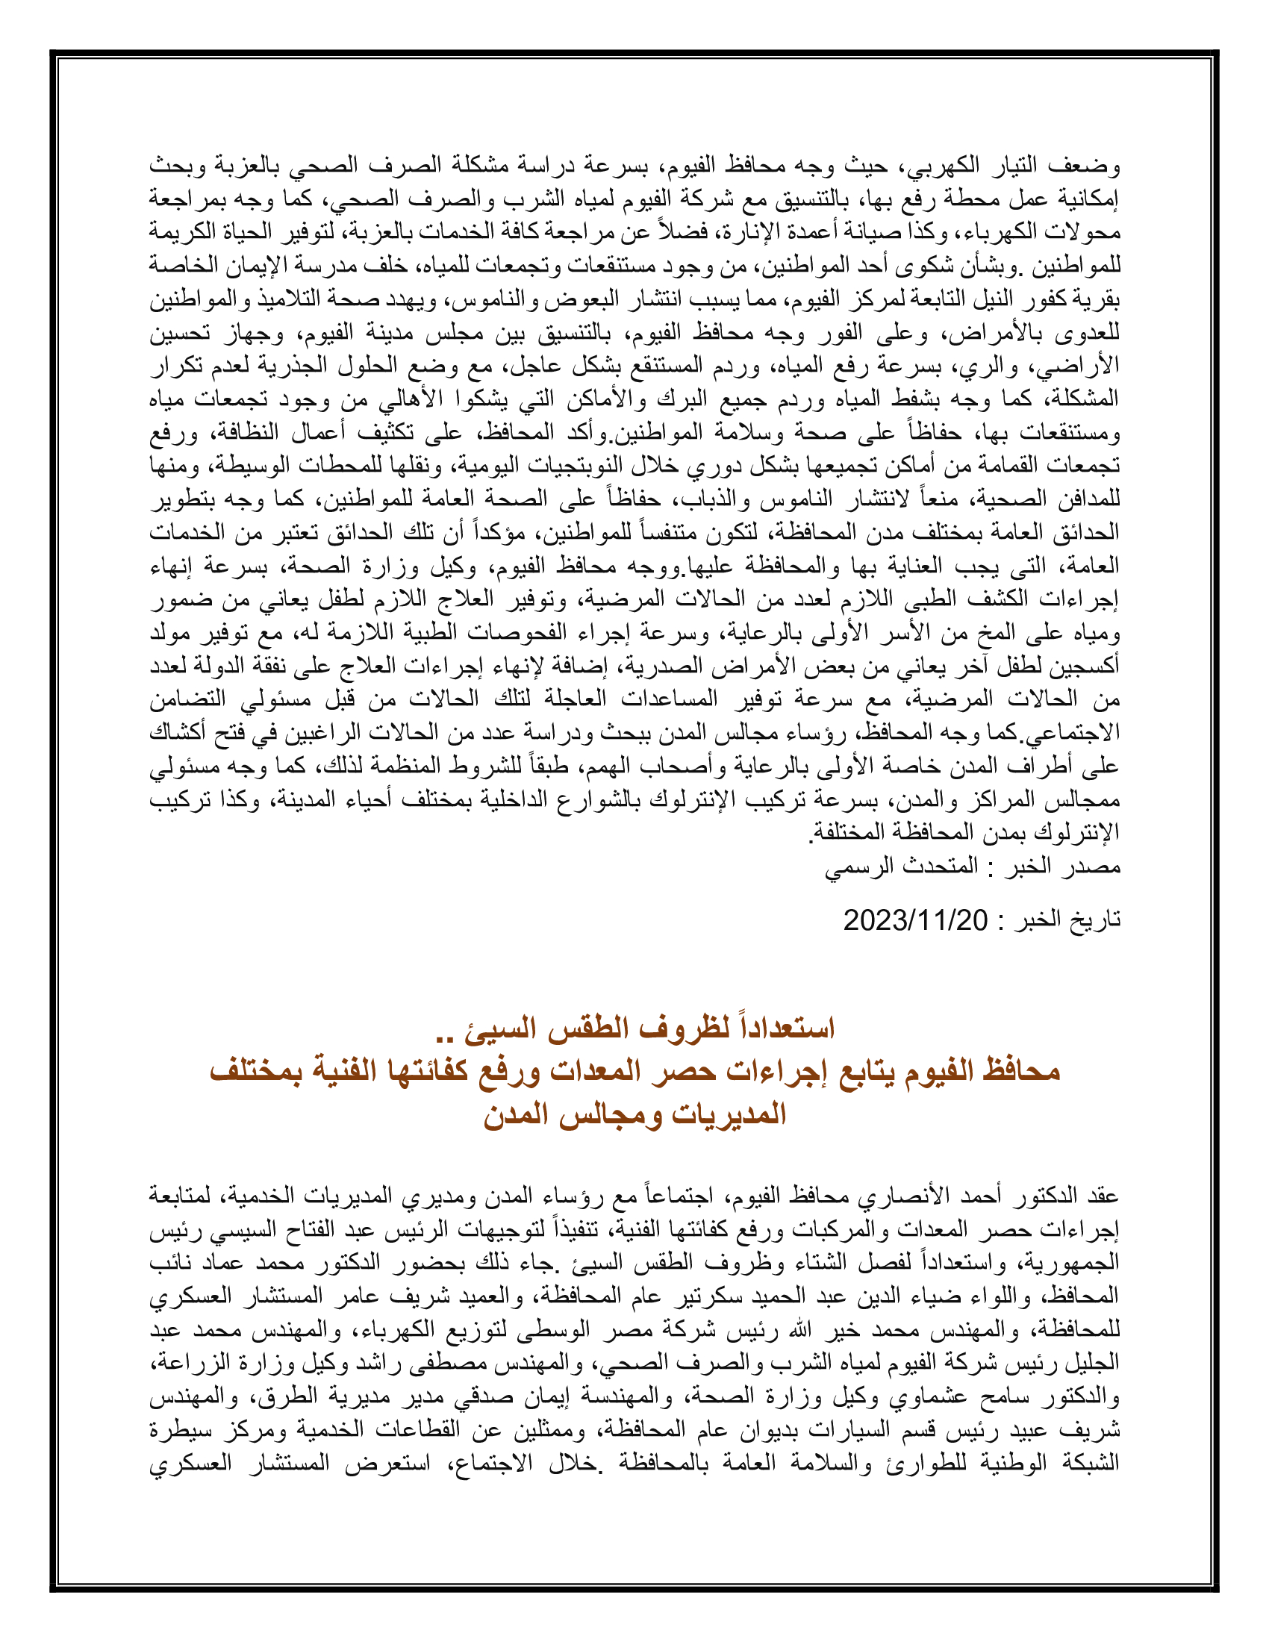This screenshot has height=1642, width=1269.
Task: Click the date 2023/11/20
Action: [x=914, y=920]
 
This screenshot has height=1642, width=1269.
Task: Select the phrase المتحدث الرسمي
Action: [x=902, y=867]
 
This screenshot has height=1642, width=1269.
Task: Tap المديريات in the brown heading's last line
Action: [x=727, y=1114]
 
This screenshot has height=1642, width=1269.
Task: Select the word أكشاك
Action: [x=179, y=732]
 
